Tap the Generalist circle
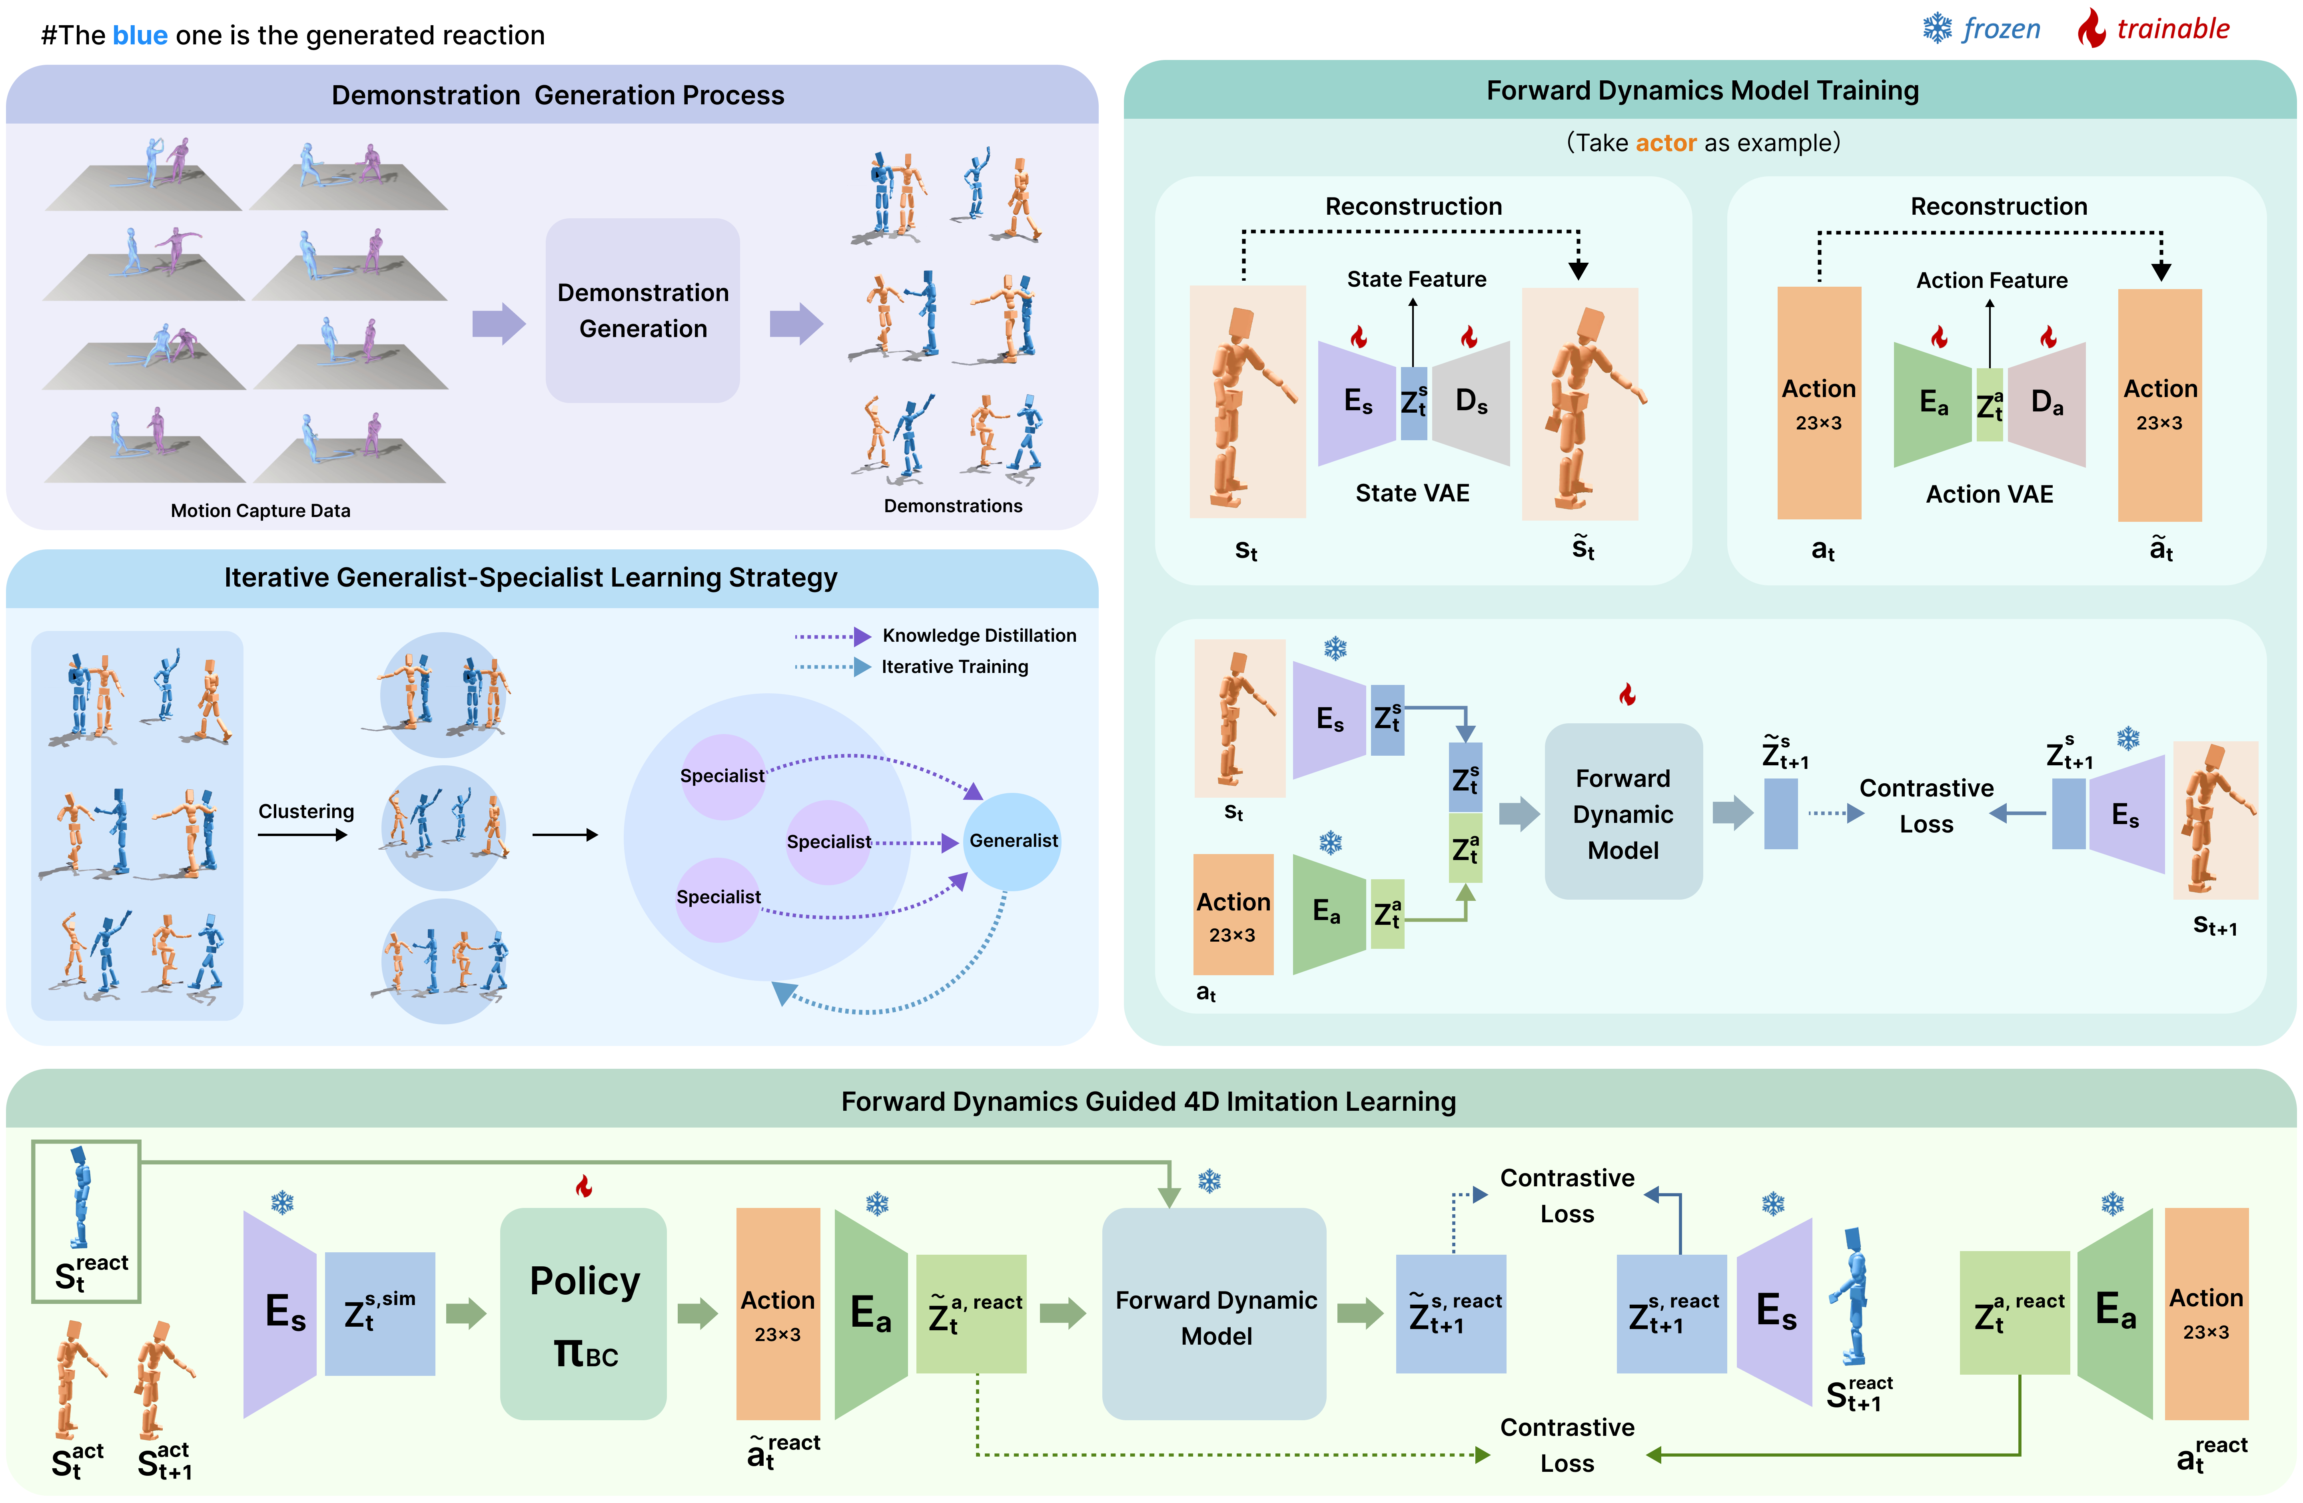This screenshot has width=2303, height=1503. [1012, 841]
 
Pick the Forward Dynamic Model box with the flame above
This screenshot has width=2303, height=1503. [1623, 813]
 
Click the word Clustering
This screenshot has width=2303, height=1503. [306, 811]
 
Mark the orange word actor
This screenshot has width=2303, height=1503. [1665, 143]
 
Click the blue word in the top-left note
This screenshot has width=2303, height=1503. [140, 36]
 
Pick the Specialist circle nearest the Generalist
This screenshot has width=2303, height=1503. [828, 841]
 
